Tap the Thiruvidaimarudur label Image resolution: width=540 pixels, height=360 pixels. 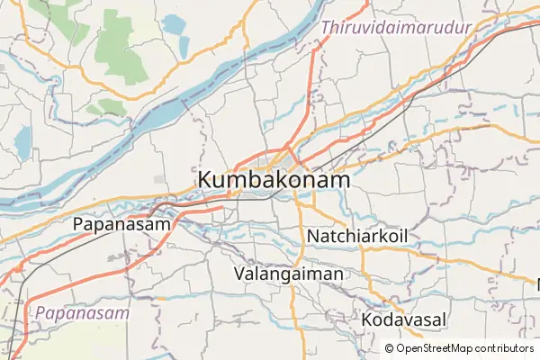[397, 28]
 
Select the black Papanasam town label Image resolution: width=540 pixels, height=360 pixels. [121, 224]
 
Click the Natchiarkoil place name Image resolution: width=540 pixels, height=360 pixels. [357, 236]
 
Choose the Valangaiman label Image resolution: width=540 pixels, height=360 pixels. [288, 274]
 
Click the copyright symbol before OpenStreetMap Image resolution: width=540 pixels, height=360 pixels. [390, 348]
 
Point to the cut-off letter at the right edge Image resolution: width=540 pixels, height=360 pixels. [537, 284]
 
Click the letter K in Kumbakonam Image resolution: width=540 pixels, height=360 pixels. [204, 180]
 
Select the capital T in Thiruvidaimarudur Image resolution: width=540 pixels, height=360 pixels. [327, 28]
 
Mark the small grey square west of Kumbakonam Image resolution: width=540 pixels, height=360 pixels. [159, 180]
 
